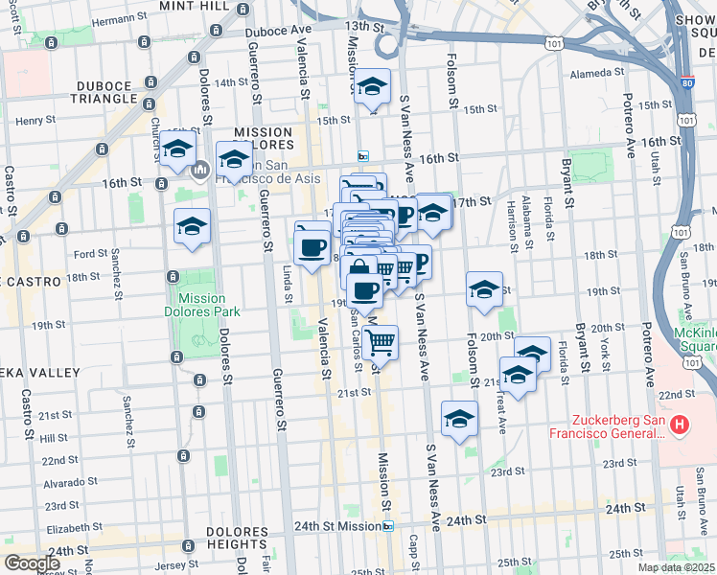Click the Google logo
pyautogui.click(x=32, y=563)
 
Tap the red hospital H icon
pyautogui.click(x=680, y=424)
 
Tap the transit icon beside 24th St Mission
pyautogui.click(x=388, y=526)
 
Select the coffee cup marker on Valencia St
pyautogui.click(x=312, y=248)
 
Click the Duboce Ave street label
pyautogui.click(x=279, y=31)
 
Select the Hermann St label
pyautogui.click(x=105, y=19)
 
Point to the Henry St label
pyautogui.click(x=35, y=121)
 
